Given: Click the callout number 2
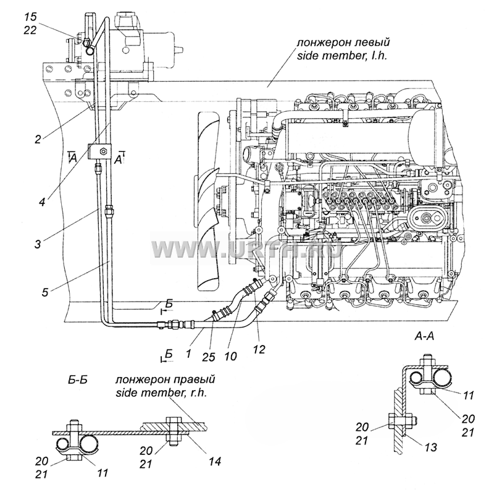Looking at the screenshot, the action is coord(38,139).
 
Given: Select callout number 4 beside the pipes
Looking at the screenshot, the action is coord(42,202).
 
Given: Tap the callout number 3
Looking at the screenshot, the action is coord(38,244).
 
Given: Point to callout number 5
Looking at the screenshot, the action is coord(45,292).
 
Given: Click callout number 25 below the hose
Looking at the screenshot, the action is coord(208,357).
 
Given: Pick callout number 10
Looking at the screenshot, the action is coord(231,356).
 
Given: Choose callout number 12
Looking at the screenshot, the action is coord(259,349).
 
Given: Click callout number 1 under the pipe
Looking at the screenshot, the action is coord(189,353).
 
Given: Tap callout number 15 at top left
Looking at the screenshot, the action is coord(30,17).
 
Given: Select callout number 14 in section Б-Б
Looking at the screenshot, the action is coord(214,461).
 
